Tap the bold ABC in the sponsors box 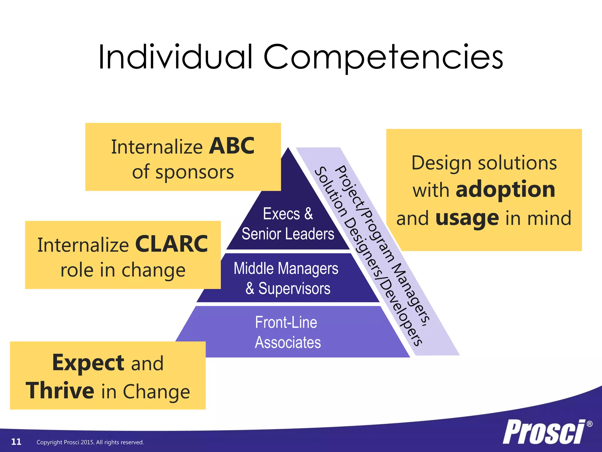coord(232,146)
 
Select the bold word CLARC coord(171,244)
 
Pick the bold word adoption coord(505,190)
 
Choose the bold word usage coord(467,218)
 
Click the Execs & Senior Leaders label coord(288,224)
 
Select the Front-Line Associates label coord(287,333)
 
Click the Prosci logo coord(544,432)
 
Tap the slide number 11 coord(16,442)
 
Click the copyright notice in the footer coord(90,442)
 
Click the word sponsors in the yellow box coord(195,172)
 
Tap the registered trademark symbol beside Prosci coord(589,424)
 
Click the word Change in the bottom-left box coord(156,392)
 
